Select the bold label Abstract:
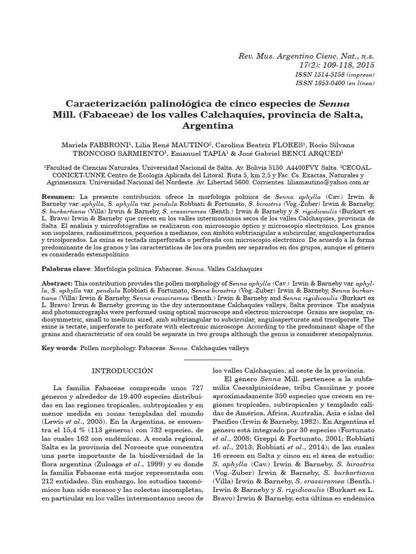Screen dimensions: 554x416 pyautogui.click(x=57, y=283)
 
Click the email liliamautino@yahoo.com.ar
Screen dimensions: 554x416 pyautogui.click(x=330, y=183)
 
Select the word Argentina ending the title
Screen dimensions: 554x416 pyautogui.click(x=208, y=126)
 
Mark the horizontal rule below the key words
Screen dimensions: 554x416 pyautogui.click(x=208, y=359)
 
